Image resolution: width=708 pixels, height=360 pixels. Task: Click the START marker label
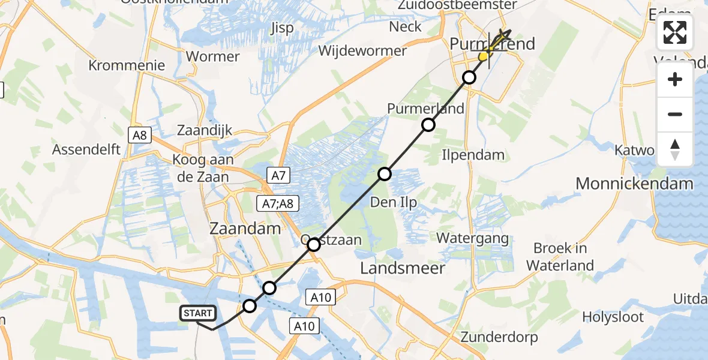pos(197,313)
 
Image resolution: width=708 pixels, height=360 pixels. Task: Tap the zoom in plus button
pos(675,80)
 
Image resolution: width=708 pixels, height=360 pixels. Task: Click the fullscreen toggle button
pos(675,32)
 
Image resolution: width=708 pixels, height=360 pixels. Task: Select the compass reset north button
pos(675,149)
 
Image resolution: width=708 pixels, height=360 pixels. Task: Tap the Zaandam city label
pos(245,229)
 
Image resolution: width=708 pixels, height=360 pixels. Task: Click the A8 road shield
pos(139,135)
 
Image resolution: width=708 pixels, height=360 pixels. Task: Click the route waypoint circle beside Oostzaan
pos(314,245)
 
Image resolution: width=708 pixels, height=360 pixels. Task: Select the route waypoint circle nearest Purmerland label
pos(428,125)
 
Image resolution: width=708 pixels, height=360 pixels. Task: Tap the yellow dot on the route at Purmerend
pos(483,56)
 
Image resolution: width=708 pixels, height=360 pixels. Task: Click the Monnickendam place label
pos(634,184)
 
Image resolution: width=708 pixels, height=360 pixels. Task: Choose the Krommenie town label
pos(127,65)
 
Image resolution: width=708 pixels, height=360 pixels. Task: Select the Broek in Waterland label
pos(560,257)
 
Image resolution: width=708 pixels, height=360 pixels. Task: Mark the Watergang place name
pos(472,238)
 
